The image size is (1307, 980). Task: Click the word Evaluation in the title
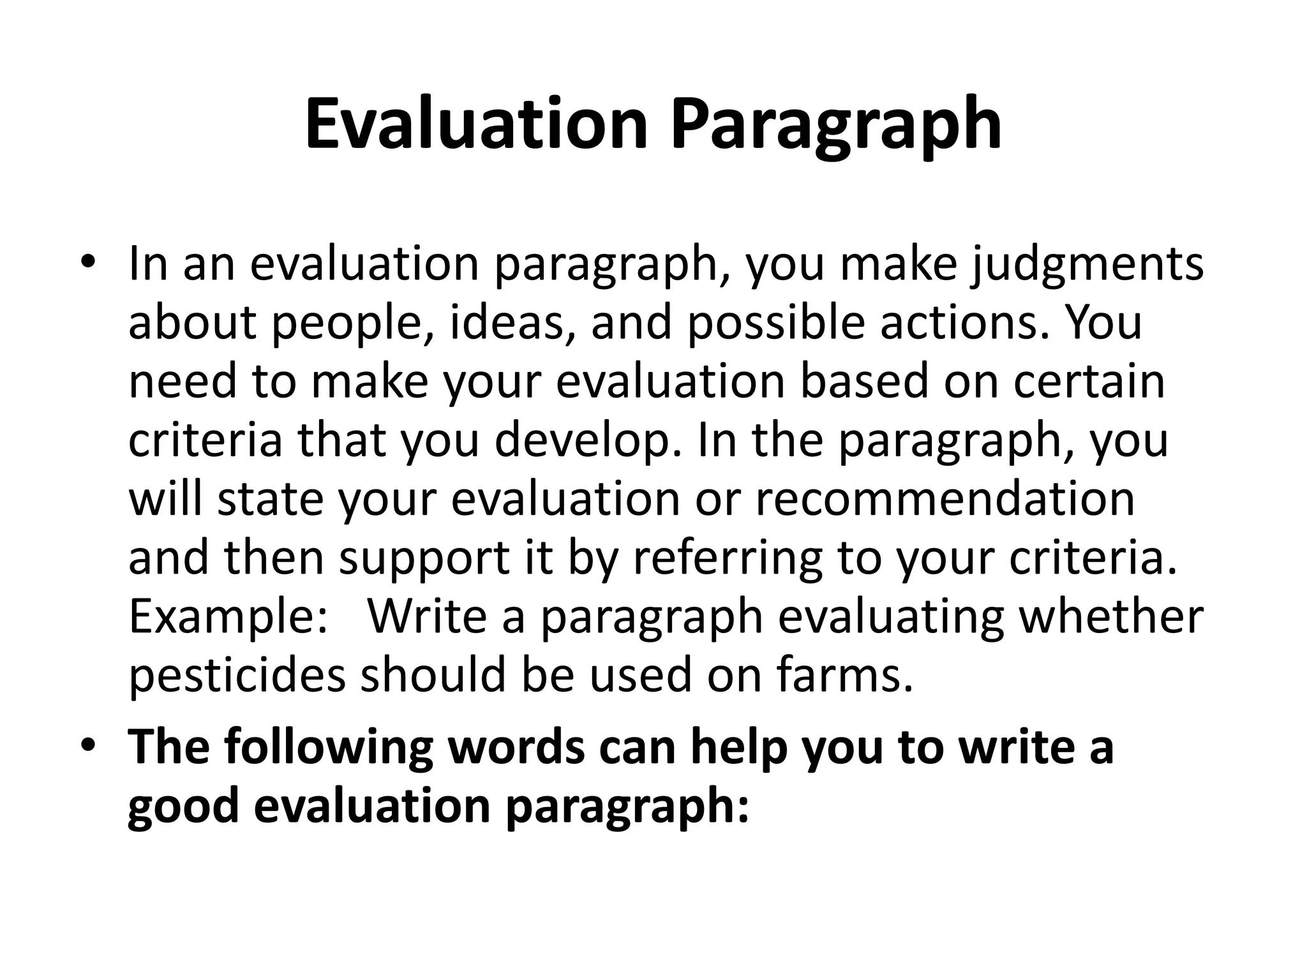point(476,124)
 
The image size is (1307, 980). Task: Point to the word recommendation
point(945,499)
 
